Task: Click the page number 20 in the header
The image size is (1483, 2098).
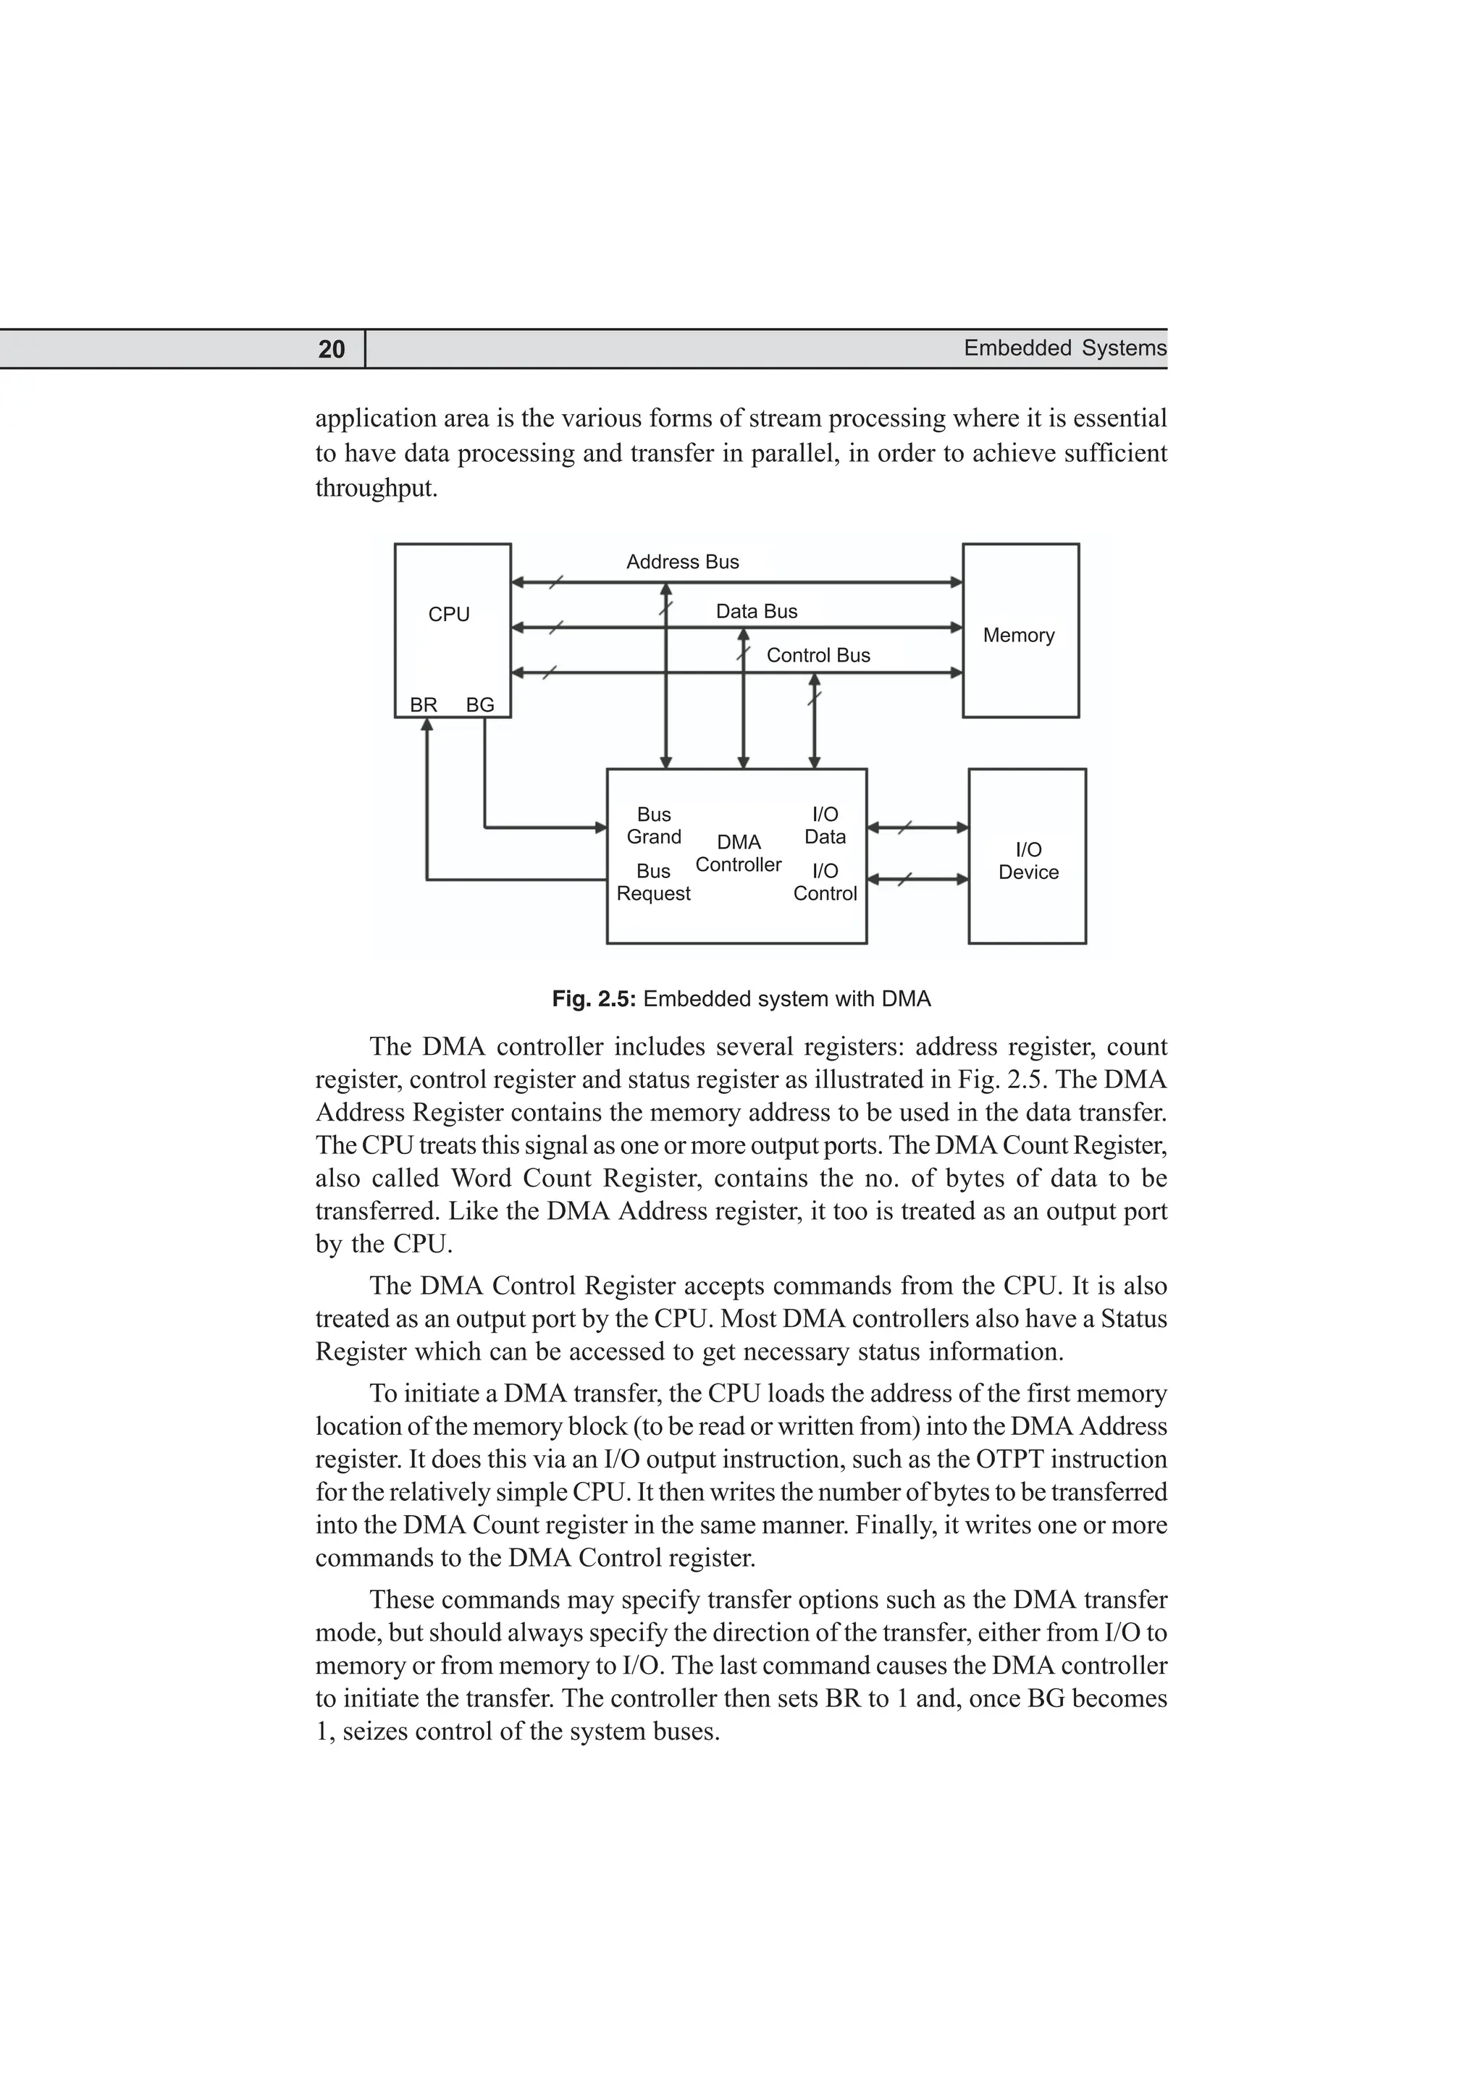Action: tap(332, 349)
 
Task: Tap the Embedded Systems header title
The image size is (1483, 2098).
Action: tap(1064, 348)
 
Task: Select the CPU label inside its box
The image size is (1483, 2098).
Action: tap(449, 614)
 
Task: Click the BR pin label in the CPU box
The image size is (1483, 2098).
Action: tap(423, 704)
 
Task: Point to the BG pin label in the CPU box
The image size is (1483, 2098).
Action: tap(479, 704)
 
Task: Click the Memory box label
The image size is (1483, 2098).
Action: tap(1018, 635)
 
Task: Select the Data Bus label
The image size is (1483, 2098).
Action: tap(756, 611)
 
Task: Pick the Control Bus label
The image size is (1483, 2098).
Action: tap(818, 655)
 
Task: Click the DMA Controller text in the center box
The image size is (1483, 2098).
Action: tap(739, 854)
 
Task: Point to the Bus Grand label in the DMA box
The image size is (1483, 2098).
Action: tap(653, 825)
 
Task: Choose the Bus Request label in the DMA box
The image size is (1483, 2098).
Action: tap(653, 882)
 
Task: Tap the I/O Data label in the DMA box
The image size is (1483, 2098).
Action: tap(824, 825)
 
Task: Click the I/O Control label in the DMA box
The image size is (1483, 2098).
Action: tap(824, 882)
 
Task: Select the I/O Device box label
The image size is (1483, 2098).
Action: tap(1028, 861)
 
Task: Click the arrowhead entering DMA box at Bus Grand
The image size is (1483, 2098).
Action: tap(600, 828)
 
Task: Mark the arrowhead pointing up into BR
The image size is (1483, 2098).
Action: tap(427, 725)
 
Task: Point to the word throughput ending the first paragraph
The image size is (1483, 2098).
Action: tap(377, 488)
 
